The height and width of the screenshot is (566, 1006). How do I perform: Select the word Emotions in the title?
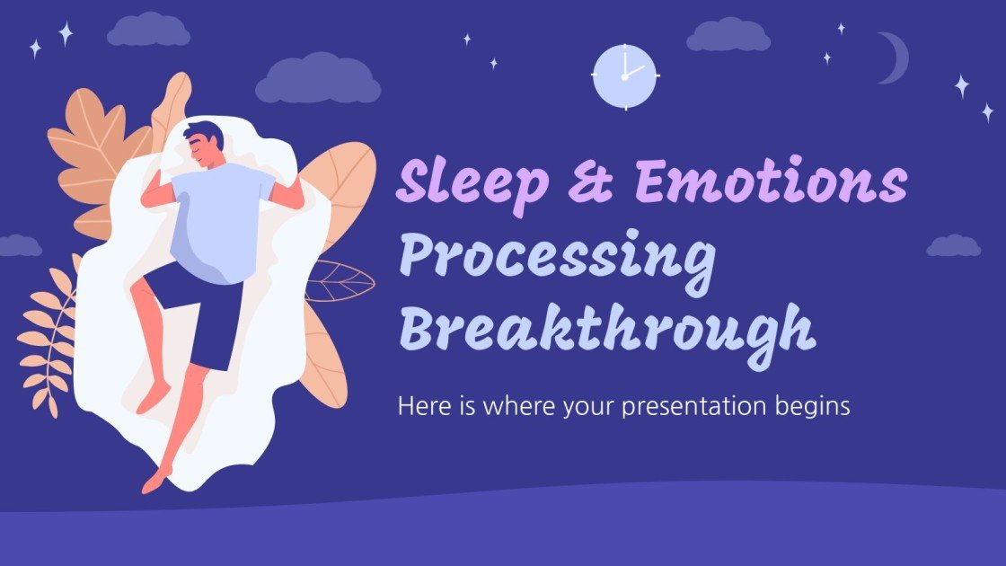(770, 182)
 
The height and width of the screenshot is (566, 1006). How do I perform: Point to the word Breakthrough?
(607, 329)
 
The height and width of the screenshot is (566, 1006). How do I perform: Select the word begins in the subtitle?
(812, 407)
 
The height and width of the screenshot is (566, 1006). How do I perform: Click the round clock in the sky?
(625, 76)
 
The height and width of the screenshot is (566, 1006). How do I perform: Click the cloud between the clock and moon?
(728, 35)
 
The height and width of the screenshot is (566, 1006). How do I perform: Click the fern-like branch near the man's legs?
(49, 337)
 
